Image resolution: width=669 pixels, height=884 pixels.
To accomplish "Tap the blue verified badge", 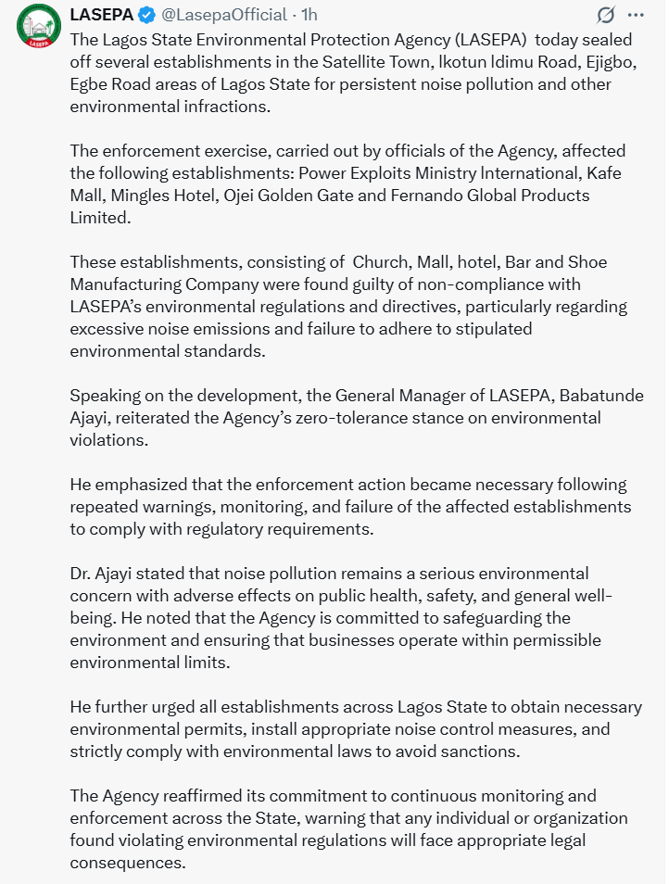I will (147, 15).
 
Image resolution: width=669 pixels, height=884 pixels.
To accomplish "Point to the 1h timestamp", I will (309, 15).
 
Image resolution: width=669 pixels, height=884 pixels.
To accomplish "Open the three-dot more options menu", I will (635, 15).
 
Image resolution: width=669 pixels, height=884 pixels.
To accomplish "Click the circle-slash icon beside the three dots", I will (605, 15).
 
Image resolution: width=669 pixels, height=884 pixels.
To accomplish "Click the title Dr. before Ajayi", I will (82, 574).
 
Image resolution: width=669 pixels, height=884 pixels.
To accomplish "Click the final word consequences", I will (127, 863).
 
